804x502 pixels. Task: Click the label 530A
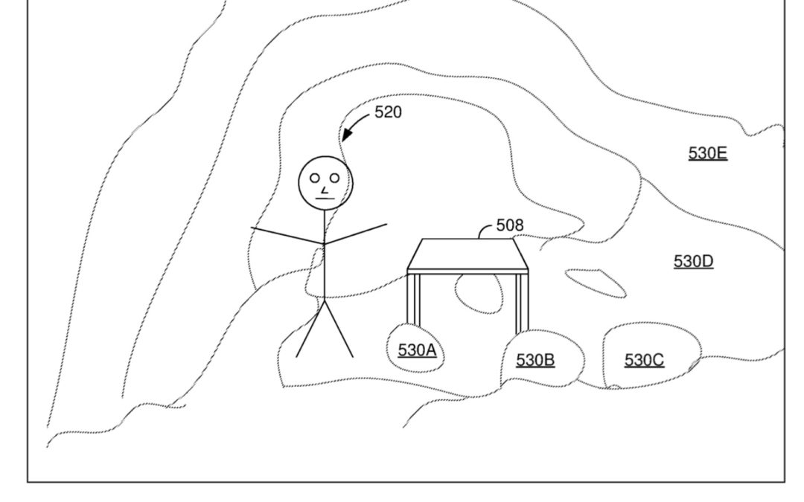tap(417, 349)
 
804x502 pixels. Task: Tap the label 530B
tap(535, 360)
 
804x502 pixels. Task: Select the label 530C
tap(644, 360)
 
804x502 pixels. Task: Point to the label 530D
tap(693, 261)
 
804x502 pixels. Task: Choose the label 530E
tap(707, 153)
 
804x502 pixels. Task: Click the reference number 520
tap(388, 112)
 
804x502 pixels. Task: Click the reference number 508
tap(510, 225)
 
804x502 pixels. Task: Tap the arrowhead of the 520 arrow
tap(345, 138)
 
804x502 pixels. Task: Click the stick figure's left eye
tap(315, 177)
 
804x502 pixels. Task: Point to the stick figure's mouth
tap(324, 199)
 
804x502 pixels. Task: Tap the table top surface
tap(468, 254)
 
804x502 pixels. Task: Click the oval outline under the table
tap(479, 294)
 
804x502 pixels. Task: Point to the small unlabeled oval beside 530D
tap(596, 282)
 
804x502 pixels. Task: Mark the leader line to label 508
tap(486, 230)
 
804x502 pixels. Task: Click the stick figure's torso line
tap(325, 260)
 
